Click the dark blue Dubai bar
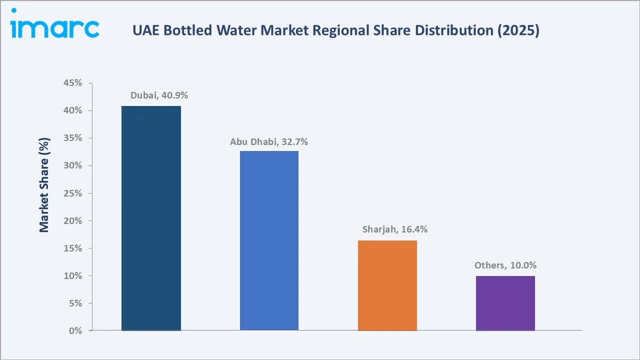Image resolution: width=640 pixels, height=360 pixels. pos(151,218)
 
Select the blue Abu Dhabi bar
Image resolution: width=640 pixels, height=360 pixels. pos(269,240)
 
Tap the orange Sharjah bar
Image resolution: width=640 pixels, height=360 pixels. pos(387,285)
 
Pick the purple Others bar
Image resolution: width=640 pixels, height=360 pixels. pos(505,303)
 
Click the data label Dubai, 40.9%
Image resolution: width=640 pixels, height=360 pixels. pos(159,95)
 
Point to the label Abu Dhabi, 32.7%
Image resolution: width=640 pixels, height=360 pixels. pos(269,141)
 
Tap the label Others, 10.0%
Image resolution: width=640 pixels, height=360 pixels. pos(505,265)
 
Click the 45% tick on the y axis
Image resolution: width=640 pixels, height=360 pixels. pos(72,83)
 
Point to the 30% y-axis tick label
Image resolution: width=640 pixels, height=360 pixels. pos(72,165)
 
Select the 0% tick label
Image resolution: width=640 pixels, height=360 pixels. pos(75,331)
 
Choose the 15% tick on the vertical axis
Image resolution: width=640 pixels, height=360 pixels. pos(72,248)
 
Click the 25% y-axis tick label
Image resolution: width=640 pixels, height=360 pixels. pos(72,193)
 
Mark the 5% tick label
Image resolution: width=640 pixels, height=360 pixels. pos(74,303)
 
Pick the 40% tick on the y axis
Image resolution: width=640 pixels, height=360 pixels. pos(72,110)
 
